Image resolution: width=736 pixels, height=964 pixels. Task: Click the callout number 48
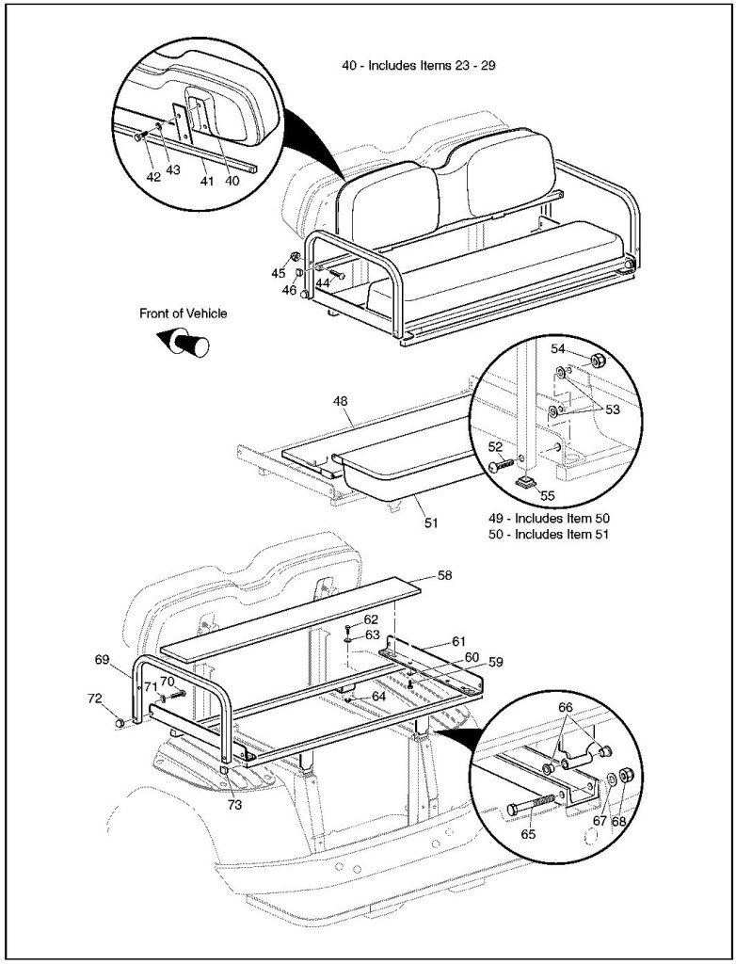click(x=340, y=400)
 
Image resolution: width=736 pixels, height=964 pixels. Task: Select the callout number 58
click(x=445, y=574)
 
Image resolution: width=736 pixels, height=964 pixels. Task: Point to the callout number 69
click(x=102, y=661)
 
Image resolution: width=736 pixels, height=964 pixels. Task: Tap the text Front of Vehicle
click(x=184, y=313)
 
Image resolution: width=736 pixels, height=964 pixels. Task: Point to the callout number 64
click(x=378, y=696)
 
